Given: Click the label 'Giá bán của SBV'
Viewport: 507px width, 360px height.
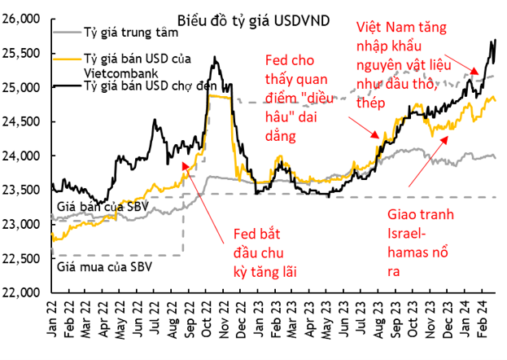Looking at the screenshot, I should coord(90,208).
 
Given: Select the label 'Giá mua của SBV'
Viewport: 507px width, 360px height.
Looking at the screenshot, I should coord(96,266).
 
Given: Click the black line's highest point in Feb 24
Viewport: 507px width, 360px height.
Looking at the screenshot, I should coord(496,40).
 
